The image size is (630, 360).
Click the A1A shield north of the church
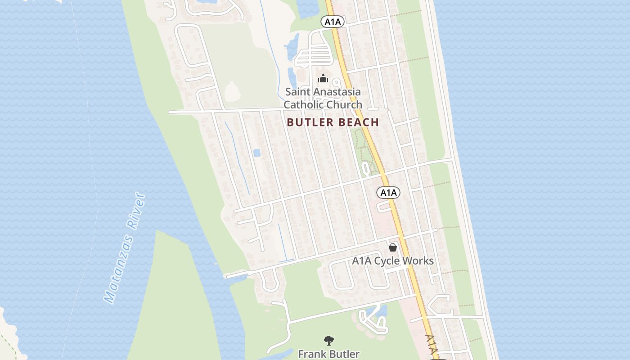coord(332,21)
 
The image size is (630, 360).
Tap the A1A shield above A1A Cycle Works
coord(388,193)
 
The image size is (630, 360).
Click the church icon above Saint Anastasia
coord(323,79)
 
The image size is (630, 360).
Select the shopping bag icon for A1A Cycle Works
coord(393,247)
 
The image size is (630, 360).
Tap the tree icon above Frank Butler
coord(329,341)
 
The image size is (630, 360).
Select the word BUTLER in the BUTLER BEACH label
coord(307,122)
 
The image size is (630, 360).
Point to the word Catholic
coord(303,104)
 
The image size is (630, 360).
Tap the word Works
coord(418,261)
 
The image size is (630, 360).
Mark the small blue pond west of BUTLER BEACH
coord(257,153)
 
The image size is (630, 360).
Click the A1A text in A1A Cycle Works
coord(361,261)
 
